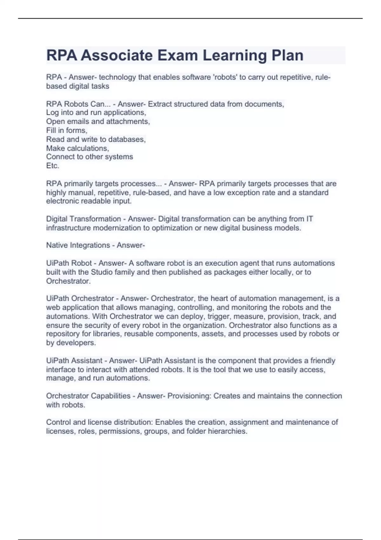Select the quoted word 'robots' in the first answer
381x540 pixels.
click(x=225, y=77)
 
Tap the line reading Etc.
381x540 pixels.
click(x=53, y=165)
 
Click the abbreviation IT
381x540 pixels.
click(x=310, y=219)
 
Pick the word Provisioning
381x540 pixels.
click(x=189, y=396)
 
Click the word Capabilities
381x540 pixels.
click(x=110, y=396)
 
